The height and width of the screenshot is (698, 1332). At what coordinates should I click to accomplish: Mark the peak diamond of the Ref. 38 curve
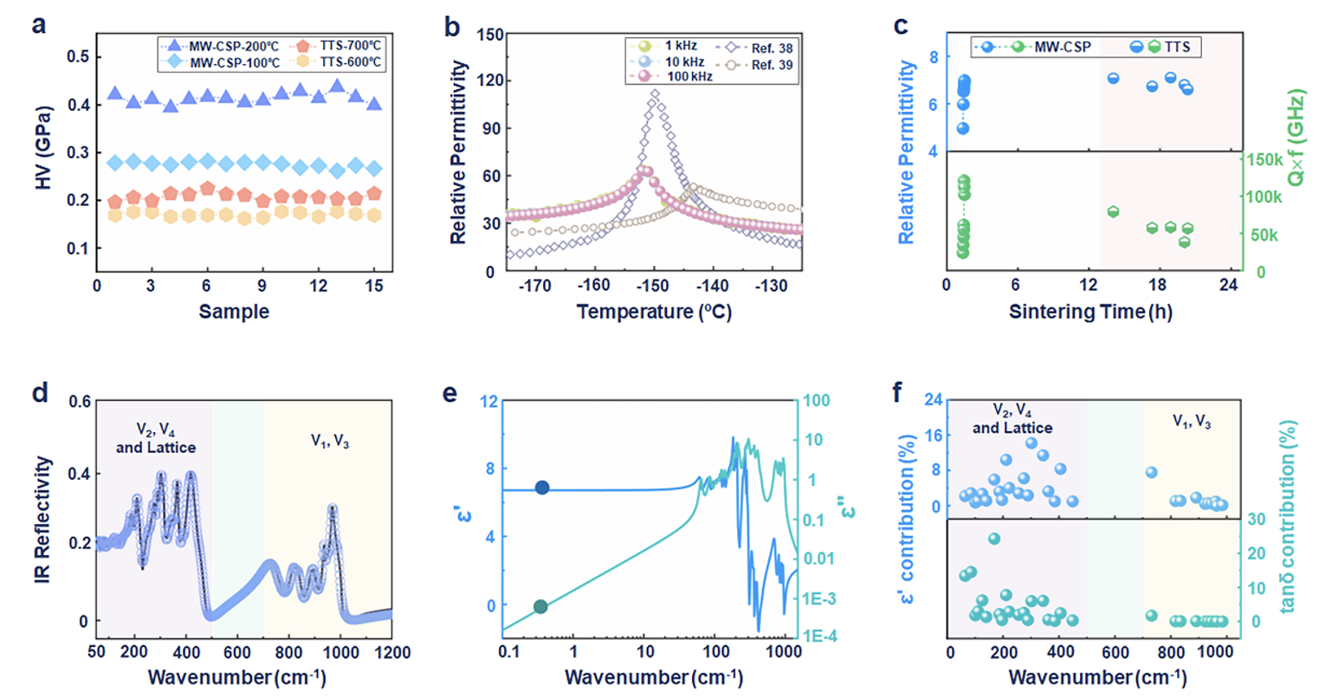[655, 94]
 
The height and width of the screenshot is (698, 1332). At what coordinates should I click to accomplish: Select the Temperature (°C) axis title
[654, 312]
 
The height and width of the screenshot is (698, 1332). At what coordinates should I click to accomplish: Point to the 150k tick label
[1264, 160]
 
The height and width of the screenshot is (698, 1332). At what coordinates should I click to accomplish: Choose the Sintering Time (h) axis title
[1090, 312]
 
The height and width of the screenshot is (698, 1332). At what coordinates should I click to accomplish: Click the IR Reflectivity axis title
[43, 520]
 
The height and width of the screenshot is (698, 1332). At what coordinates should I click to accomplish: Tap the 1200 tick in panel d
[391, 651]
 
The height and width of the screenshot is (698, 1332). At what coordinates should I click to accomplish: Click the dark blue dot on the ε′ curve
[542, 488]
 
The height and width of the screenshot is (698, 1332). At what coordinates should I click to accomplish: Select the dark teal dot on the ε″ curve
[540, 607]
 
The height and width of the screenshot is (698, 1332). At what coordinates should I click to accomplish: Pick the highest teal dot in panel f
[994, 539]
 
